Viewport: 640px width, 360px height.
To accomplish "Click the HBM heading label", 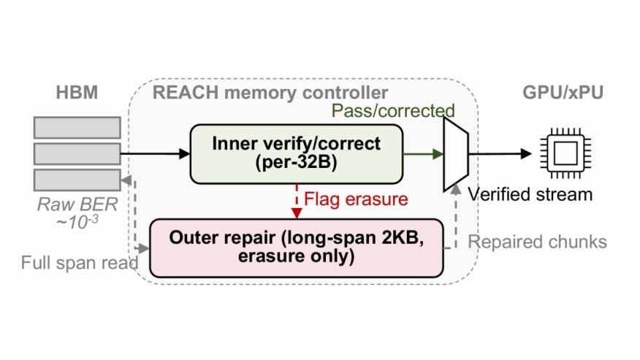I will coord(77,93).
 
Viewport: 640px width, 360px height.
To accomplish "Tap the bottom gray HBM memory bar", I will coord(77,180).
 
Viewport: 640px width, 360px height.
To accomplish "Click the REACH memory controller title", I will coord(270,93).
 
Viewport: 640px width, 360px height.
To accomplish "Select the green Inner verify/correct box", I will coord(296,153).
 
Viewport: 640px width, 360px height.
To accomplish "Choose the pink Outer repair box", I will coord(296,248).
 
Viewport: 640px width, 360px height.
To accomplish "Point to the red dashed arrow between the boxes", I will coord(297,201).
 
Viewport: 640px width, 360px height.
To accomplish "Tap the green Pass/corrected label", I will coord(393,111).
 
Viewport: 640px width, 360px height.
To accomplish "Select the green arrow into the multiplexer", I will coord(424,154).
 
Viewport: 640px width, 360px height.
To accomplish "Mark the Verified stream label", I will coord(530,194).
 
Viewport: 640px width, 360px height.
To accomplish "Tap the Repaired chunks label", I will coord(537,242).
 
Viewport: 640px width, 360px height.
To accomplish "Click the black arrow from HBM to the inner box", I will coord(153,154).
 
